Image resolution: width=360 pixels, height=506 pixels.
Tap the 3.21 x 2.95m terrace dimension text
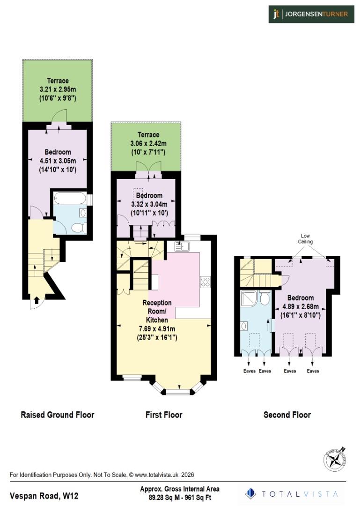(x=58, y=89)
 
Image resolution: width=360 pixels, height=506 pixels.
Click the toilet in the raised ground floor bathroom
(x=78, y=228)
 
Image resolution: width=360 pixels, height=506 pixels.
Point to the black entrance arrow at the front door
(x=37, y=300)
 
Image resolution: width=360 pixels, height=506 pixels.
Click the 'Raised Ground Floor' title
(x=57, y=415)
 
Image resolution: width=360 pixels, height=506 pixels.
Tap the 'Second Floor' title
(x=287, y=415)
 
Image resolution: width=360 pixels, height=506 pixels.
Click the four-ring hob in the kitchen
(x=205, y=282)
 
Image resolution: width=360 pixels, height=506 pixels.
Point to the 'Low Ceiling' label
(x=305, y=238)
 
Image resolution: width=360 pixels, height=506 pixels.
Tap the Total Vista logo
(x=294, y=494)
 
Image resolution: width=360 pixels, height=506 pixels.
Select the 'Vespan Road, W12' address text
(x=39, y=496)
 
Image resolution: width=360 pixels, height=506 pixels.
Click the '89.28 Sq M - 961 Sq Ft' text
(x=180, y=498)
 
